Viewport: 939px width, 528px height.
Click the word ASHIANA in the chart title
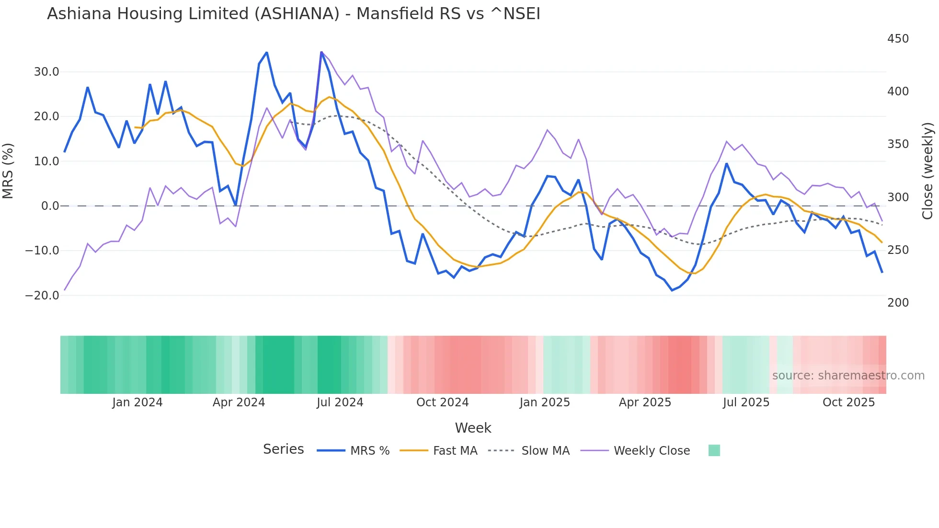pyautogui.click(x=297, y=14)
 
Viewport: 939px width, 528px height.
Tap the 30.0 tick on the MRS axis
pyautogui.click(x=46, y=72)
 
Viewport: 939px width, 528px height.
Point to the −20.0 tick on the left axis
pyautogui.click(x=43, y=296)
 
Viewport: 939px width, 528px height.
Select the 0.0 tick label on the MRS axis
pyautogui.click(x=50, y=206)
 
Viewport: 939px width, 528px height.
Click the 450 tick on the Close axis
pyautogui.click(x=898, y=39)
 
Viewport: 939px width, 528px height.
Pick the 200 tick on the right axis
pyautogui.click(x=898, y=303)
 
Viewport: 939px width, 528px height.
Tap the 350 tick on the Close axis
pyautogui.click(x=898, y=144)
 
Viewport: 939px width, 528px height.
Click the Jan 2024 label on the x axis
pyautogui.click(x=137, y=402)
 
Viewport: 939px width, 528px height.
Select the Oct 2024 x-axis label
pyautogui.click(x=442, y=402)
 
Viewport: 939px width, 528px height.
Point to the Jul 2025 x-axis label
pyautogui.click(x=746, y=402)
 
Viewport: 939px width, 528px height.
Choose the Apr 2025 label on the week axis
pyautogui.click(x=645, y=402)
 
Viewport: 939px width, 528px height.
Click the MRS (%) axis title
pyautogui.click(x=8, y=171)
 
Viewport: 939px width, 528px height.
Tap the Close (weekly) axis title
pyautogui.click(x=928, y=171)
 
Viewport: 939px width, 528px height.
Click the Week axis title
pyautogui.click(x=473, y=428)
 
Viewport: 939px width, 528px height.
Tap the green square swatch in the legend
pyautogui.click(x=714, y=450)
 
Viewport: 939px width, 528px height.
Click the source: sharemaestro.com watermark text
pyautogui.click(x=848, y=376)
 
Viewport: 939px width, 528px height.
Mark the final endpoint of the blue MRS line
pyautogui.click(x=882, y=272)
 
